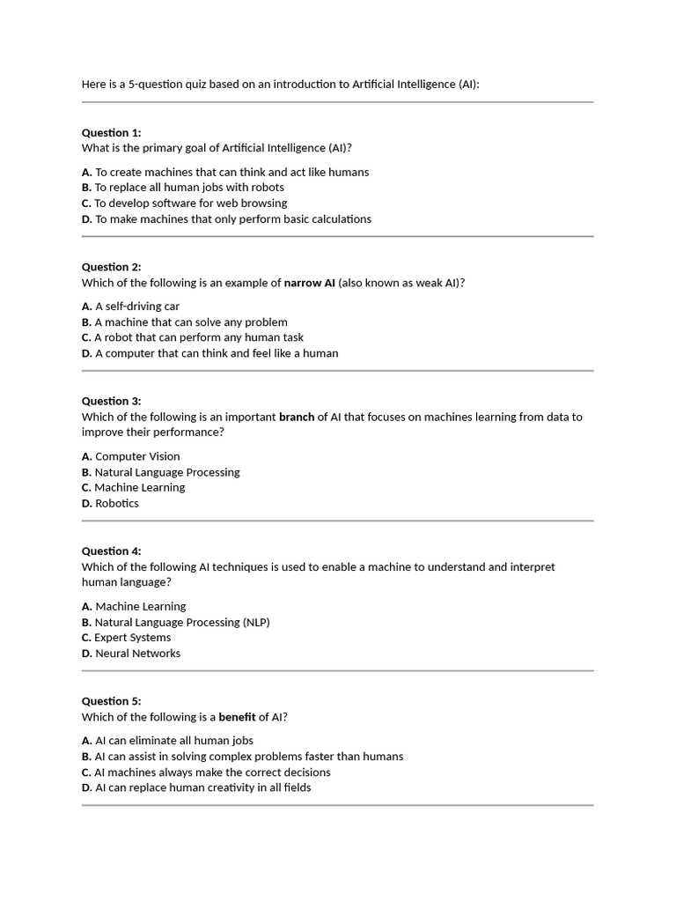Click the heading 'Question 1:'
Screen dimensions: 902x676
[x=111, y=132]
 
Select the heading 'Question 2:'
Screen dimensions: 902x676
[x=111, y=267]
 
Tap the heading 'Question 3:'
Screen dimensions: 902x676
[x=111, y=401]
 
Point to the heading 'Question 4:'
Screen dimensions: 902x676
[x=111, y=551]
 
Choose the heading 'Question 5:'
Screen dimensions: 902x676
[x=111, y=701]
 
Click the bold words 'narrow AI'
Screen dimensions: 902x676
[x=309, y=283]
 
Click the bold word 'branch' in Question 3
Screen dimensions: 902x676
[x=297, y=417]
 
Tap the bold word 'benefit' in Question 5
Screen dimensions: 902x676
[x=237, y=717]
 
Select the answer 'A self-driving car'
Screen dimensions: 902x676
[x=136, y=307]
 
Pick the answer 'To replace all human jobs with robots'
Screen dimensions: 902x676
[x=189, y=188]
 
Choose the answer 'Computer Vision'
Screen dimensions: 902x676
[x=137, y=456]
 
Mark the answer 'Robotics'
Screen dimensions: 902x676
[x=116, y=504]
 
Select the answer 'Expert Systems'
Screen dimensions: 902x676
[x=133, y=638]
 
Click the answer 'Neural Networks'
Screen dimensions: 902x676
[x=137, y=654]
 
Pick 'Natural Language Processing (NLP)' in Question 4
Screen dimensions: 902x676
[x=182, y=622]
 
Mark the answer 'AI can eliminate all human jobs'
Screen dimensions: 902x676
[x=174, y=741]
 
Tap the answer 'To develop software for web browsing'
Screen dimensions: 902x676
[x=191, y=203]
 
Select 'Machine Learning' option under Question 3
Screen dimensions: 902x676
[x=140, y=488]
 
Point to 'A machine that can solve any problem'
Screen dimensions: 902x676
[x=191, y=322]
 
